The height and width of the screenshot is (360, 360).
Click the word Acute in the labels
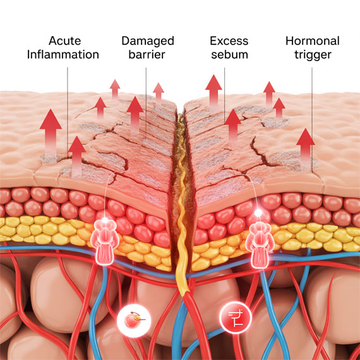pos(65,41)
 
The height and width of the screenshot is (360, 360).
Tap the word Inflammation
pos(63,55)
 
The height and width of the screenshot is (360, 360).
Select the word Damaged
pos(148,42)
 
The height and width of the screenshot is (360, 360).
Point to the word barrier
pos(147,55)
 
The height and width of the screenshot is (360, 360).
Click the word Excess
pos(229,41)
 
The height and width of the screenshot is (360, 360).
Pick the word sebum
pos(229,55)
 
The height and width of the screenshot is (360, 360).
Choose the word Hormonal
pos(313,41)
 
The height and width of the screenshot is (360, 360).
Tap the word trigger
pos(313,56)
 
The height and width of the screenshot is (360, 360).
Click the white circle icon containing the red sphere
pos(134,320)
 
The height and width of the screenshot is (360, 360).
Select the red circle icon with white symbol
pos(236,318)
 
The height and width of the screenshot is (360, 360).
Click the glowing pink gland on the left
pos(105,243)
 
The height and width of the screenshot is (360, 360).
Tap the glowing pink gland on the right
pos(260,244)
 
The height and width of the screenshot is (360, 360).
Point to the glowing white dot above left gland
pos(105,220)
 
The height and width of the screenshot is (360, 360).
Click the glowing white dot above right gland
pos(258,213)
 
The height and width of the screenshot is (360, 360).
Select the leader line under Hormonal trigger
pos(312,120)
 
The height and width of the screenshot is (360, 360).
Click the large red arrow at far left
pos(51,133)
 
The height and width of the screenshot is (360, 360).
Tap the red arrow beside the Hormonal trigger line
pos(305,149)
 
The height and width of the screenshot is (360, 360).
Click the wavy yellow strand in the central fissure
pos(182,205)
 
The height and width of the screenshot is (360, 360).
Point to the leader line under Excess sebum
pos(225,95)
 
